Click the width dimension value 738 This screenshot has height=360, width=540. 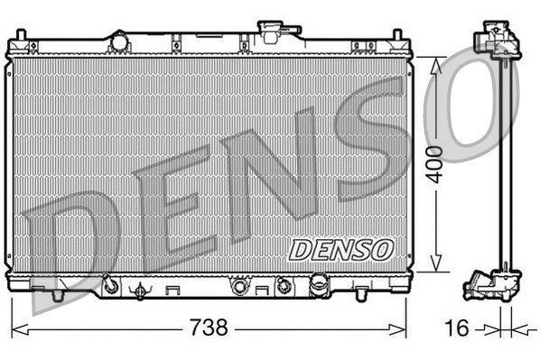[208, 327]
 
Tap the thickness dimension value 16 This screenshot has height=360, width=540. [458, 328]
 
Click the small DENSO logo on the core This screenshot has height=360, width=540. [340, 248]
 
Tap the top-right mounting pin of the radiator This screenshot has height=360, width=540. [396, 36]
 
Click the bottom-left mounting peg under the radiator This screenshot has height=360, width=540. [57, 294]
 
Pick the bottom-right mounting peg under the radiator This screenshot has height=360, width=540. [358, 294]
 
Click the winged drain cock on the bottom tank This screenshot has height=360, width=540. [140, 290]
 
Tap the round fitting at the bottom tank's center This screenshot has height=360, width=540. [239, 287]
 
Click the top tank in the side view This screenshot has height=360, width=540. [495, 41]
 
